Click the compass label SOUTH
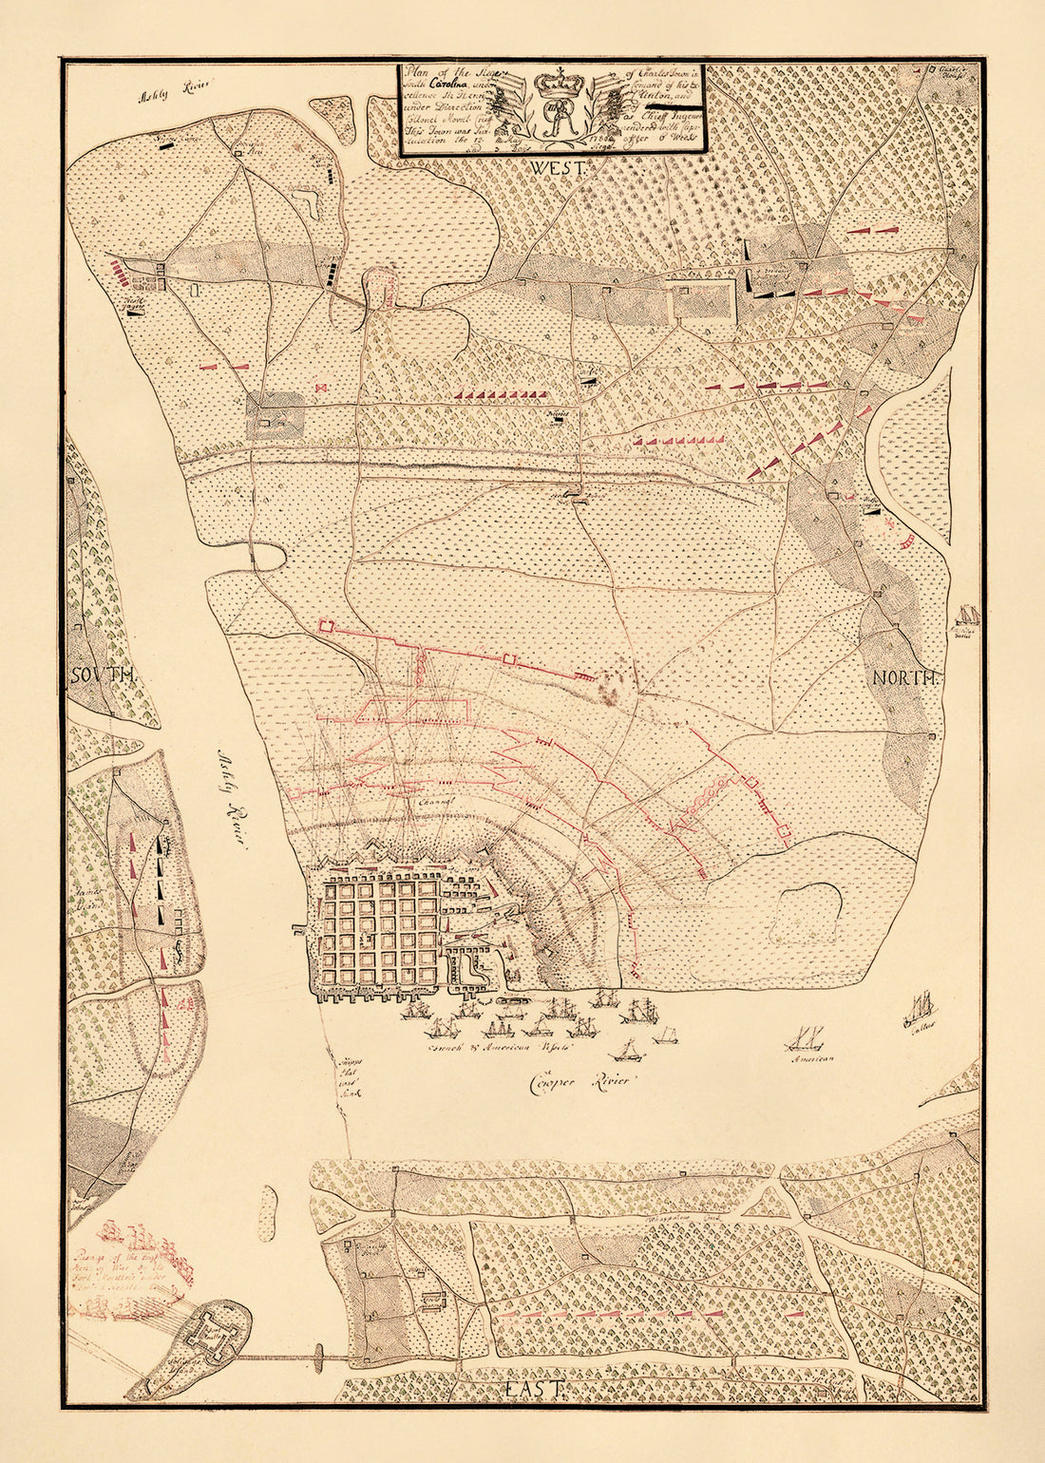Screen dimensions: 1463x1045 pyautogui.click(x=103, y=675)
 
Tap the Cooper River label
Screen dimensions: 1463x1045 pyautogui.click(x=579, y=1081)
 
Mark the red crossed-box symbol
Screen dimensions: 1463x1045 pyautogui.click(x=320, y=387)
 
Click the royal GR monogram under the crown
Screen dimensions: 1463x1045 pyautogui.click(x=554, y=122)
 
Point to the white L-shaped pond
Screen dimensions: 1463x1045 pyautogui.click(x=308, y=199)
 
